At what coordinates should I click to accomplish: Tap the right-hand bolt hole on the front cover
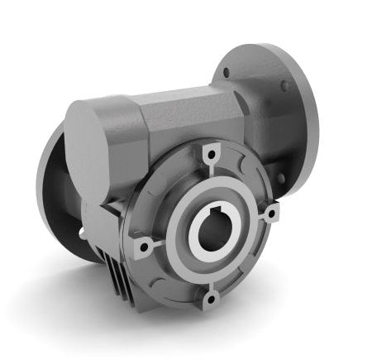point(272,213)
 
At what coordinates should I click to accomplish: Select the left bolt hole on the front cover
point(143,247)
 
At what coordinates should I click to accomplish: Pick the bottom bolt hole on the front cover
point(212,297)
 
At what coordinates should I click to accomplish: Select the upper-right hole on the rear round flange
point(286,84)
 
